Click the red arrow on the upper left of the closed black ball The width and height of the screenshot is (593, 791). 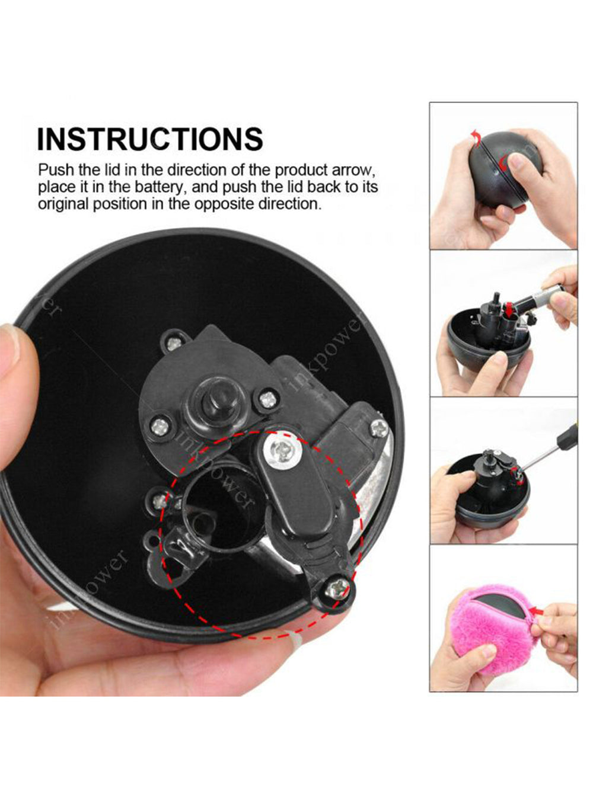pyautogui.click(x=476, y=137)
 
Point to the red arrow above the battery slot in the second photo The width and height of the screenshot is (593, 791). pyautogui.click(x=508, y=308)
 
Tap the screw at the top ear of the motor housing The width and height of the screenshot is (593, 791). pyautogui.click(x=174, y=343)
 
